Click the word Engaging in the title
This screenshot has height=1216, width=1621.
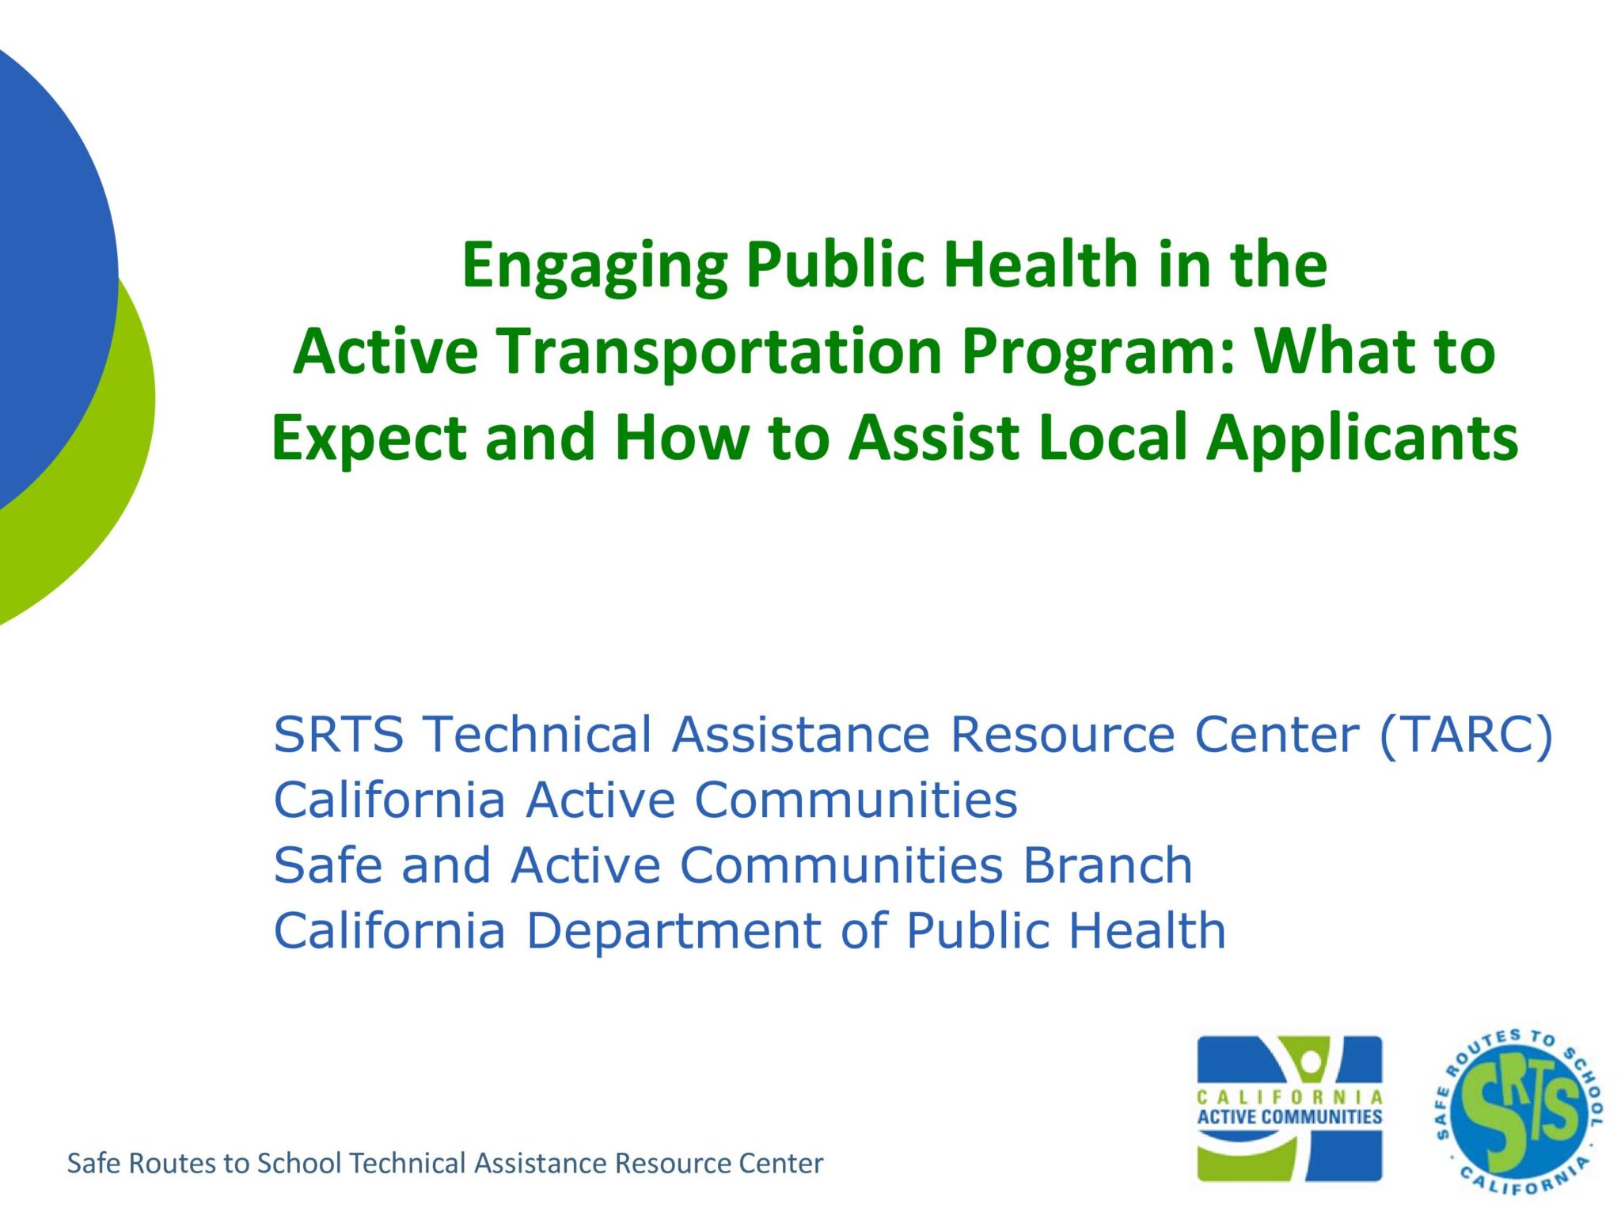pyautogui.click(x=594, y=266)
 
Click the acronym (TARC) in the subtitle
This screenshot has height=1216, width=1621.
pyautogui.click(x=1466, y=734)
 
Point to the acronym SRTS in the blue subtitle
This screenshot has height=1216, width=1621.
pyautogui.click(x=338, y=734)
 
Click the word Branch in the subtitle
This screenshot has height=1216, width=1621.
pyautogui.click(x=1107, y=864)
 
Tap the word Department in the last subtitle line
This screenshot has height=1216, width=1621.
pyautogui.click(x=674, y=930)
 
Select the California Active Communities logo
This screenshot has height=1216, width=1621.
pyautogui.click(x=1289, y=1108)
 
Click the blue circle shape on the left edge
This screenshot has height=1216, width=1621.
pyautogui.click(x=47, y=269)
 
